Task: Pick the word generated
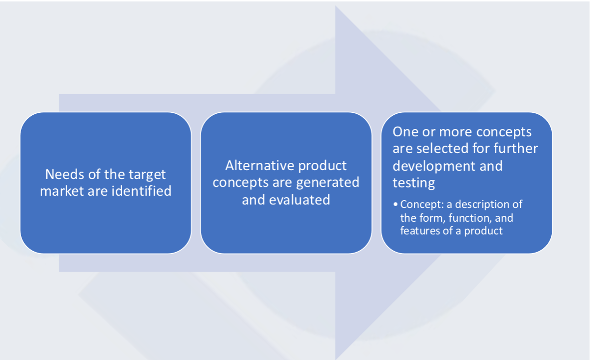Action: click(x=327, y=183)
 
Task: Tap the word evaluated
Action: click(x=299, y=200)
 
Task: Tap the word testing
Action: click(x=414, y=183)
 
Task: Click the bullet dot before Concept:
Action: click(x=395, y=204)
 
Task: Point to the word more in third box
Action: click(x=456, y=132)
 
